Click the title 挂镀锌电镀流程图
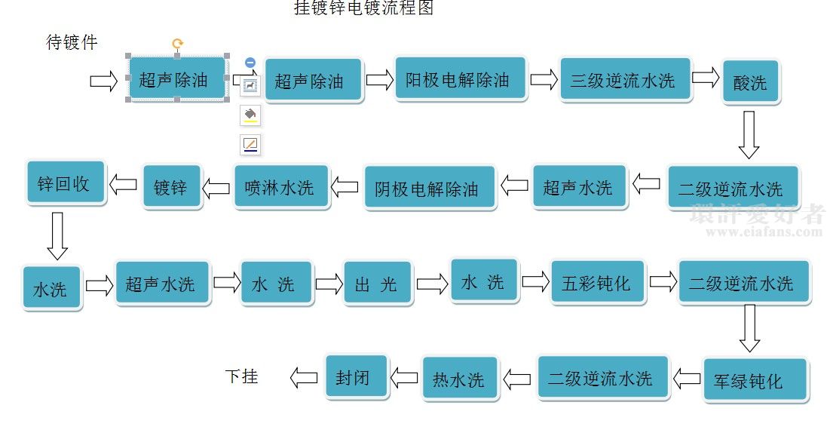pos(363,9)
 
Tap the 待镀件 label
pos(72,42)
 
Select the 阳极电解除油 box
pos(461,78)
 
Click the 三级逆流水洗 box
pos(625,80)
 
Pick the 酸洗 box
pos(750,81)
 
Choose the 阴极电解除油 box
pos(430,188)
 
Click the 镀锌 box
pos(173,186)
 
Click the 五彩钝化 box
pos(599,283)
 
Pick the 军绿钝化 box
pos(754,379)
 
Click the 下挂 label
pos(242,376)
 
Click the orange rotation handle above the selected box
pos(178,44)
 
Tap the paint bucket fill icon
pos(250,115)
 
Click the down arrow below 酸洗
pos(749,135)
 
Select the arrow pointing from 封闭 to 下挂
pos(304,377)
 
